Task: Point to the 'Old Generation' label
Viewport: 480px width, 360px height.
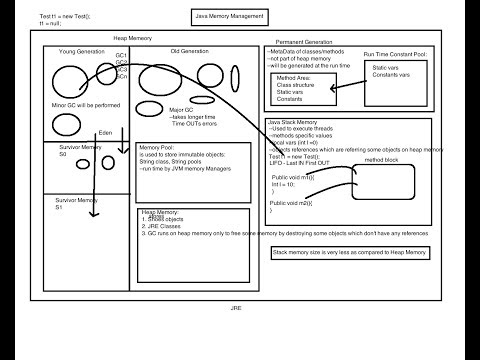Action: pyautogui.click(x=187, y=50)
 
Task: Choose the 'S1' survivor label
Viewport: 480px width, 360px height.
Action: pyautogui.click(x=60, y=207)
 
